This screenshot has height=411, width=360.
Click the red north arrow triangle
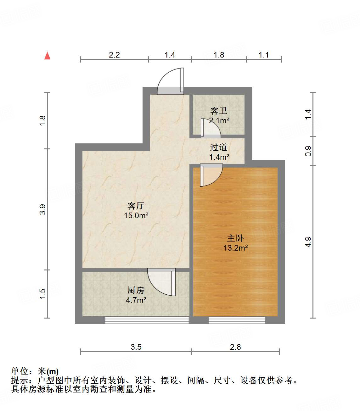(47, 56)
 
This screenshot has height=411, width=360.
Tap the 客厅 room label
(136, 206)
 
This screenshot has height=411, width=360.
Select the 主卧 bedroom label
(235, 238)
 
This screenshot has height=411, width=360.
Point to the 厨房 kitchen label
(136, 290)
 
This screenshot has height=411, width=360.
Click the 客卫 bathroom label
(219, 111)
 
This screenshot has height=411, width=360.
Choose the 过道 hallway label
(219, 147)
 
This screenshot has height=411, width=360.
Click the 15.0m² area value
(136, 216)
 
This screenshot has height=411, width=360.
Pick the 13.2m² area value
(235, 248)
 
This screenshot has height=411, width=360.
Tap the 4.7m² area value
(136, 300)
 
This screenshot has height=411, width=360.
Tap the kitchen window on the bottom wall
(147, 320)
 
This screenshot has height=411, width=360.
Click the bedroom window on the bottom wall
(237, 320)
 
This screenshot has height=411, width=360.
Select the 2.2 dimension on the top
(114, 55)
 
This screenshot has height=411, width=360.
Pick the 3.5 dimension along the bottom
(136, 347)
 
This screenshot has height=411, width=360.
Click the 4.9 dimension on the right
(308, 242)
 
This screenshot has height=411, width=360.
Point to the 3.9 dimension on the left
(43, 209)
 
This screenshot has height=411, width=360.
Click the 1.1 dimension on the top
(264, 55)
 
